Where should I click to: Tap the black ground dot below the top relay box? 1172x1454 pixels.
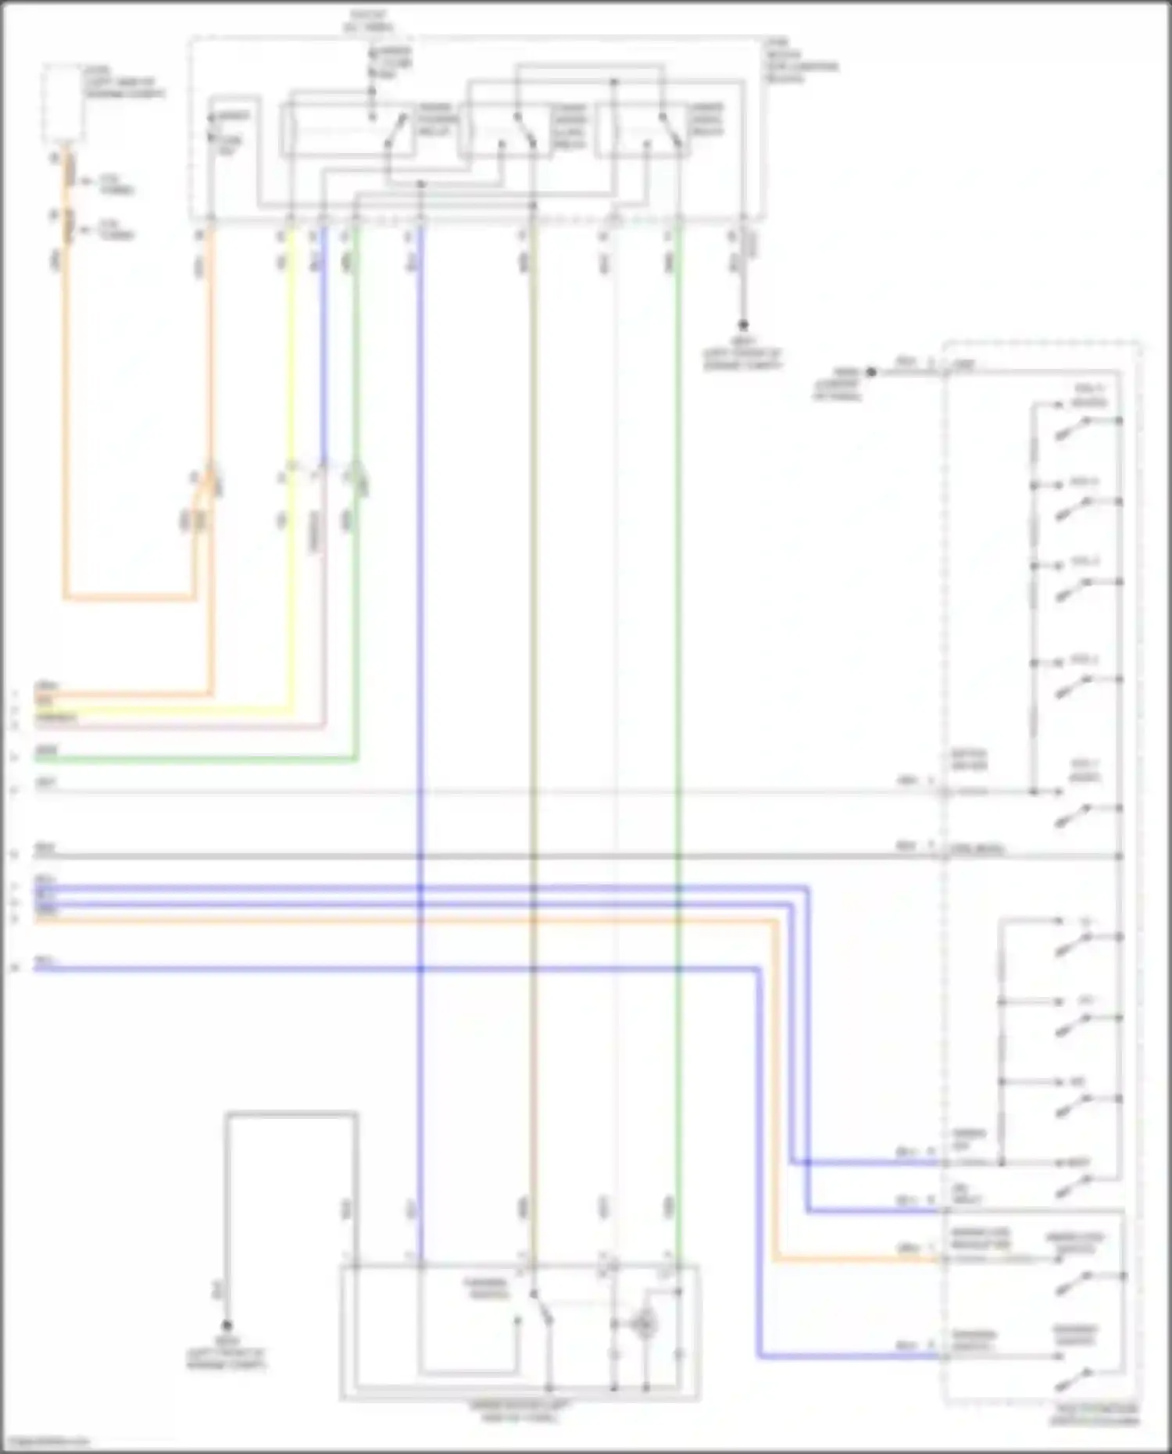tap(743, 324)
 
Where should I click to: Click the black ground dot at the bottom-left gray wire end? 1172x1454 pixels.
tap(227, 1325)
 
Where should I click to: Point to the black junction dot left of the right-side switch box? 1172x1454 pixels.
tap(871, 372)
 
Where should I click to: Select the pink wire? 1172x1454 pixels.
tap(323, 625)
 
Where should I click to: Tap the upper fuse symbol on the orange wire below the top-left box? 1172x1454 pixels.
tap(69, 170)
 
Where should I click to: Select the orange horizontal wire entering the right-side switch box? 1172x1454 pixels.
tap(469, 921)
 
